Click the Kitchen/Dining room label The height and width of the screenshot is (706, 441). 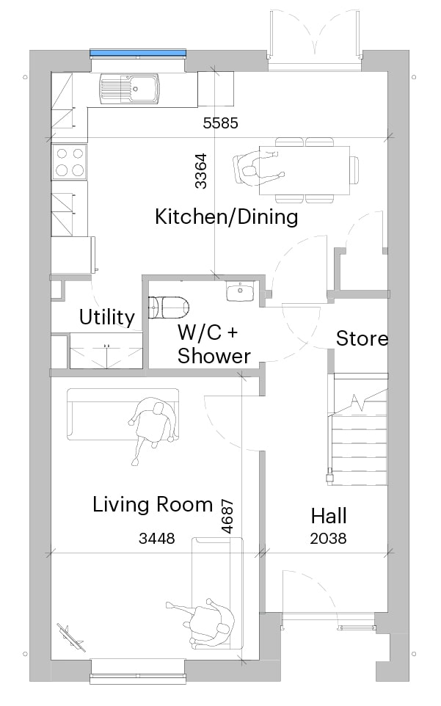[226, 217]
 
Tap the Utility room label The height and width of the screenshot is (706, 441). [107, 317]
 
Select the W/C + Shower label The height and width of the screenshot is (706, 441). [214, 344]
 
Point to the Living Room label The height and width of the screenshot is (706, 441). [153, 504]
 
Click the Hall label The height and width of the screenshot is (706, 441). [329, 516]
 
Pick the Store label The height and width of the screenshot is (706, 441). [362, 338]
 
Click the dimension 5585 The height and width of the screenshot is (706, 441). [220, 123]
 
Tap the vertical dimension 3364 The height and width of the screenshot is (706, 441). [201, 171]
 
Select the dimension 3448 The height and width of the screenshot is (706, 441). [156, 538]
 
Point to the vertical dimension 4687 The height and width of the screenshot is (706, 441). [227, 516]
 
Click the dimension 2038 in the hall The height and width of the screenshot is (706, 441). [329, 538]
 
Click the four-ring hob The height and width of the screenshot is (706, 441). [69, 161]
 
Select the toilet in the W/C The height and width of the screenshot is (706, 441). [168, 307]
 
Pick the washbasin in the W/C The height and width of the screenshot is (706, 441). [240, 291]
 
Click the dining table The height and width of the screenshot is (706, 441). [305, 170]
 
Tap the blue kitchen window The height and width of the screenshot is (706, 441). [138, 53]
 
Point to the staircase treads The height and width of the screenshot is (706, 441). [359, 451]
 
